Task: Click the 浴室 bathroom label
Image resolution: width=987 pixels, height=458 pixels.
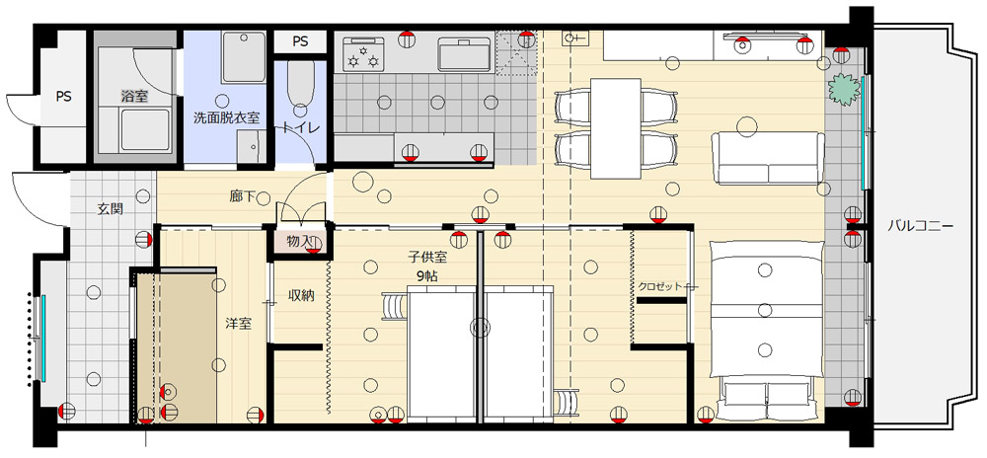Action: click(x=133, y=97)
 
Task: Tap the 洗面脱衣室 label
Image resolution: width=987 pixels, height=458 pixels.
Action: click(x=226, y=117)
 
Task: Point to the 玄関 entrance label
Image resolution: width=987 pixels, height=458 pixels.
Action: click(x=111, y=209)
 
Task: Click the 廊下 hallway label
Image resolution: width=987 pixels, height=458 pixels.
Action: click(x=243, y=196)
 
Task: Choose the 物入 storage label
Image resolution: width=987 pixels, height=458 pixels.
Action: click(x=299, y=241)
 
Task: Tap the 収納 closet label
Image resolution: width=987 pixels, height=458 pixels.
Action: click(x=301, y=294)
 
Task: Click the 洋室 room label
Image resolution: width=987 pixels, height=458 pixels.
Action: click(x=239, y=324)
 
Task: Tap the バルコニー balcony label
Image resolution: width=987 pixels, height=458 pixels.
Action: click(x=921, y=226)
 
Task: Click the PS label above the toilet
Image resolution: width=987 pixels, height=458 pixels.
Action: click(x=300, y=42)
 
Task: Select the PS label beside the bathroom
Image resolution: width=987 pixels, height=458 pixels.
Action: click(x=63, y=97)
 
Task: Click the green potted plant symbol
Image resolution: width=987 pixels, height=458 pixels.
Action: click(x=844, y=90)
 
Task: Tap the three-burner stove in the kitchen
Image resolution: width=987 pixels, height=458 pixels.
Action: click(x=364, y=53)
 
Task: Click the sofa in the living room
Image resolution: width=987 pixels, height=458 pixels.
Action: click(x=767, y=158)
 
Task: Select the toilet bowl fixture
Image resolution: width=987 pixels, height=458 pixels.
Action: click(x=301, y=88)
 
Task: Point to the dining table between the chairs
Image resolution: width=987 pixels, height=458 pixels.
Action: click(x=616, y=128)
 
